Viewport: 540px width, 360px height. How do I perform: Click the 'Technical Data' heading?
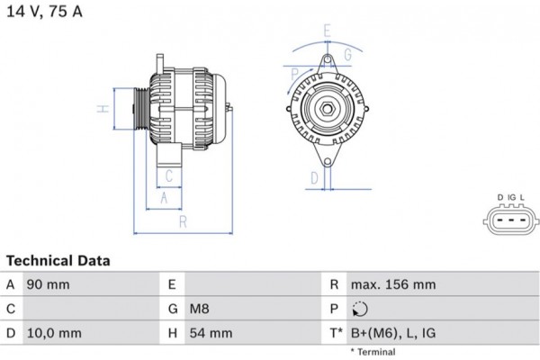tap(58, 261)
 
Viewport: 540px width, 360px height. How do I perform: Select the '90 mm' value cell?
tap(49, 284)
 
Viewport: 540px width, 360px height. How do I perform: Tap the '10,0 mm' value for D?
tap(55, 333)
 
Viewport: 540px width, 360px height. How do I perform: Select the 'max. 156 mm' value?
tap(393, 284)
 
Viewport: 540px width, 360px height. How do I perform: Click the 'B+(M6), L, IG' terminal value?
tap(394, 333)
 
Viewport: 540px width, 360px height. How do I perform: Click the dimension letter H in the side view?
tap(104, 110)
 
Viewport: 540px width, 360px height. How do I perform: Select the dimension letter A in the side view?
tap(163, 195)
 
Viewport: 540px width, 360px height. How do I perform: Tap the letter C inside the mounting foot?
tap(167, 175)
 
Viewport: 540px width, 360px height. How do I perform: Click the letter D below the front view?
tap(314, 177)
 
